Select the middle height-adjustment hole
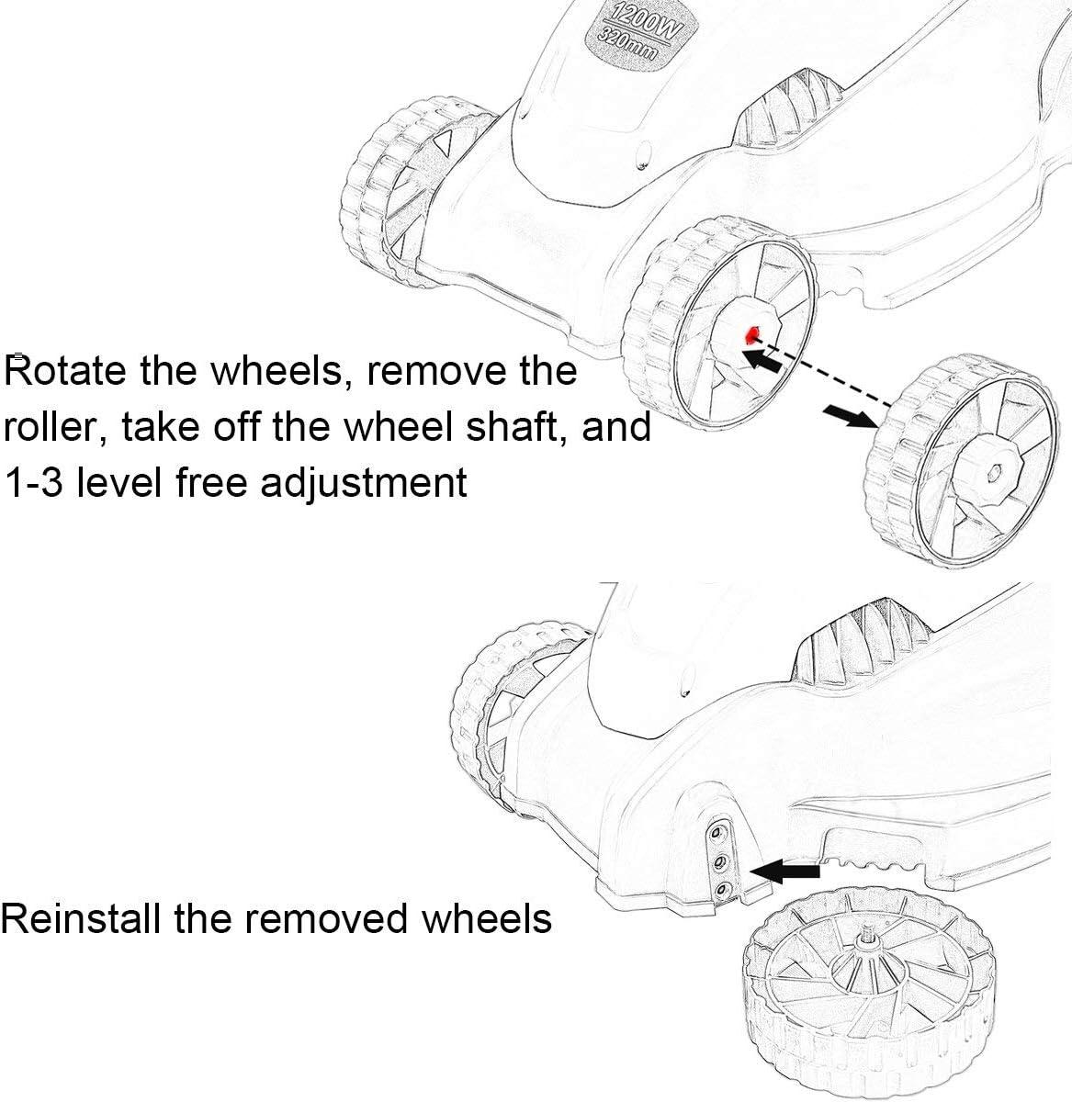[x=718, y=860]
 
